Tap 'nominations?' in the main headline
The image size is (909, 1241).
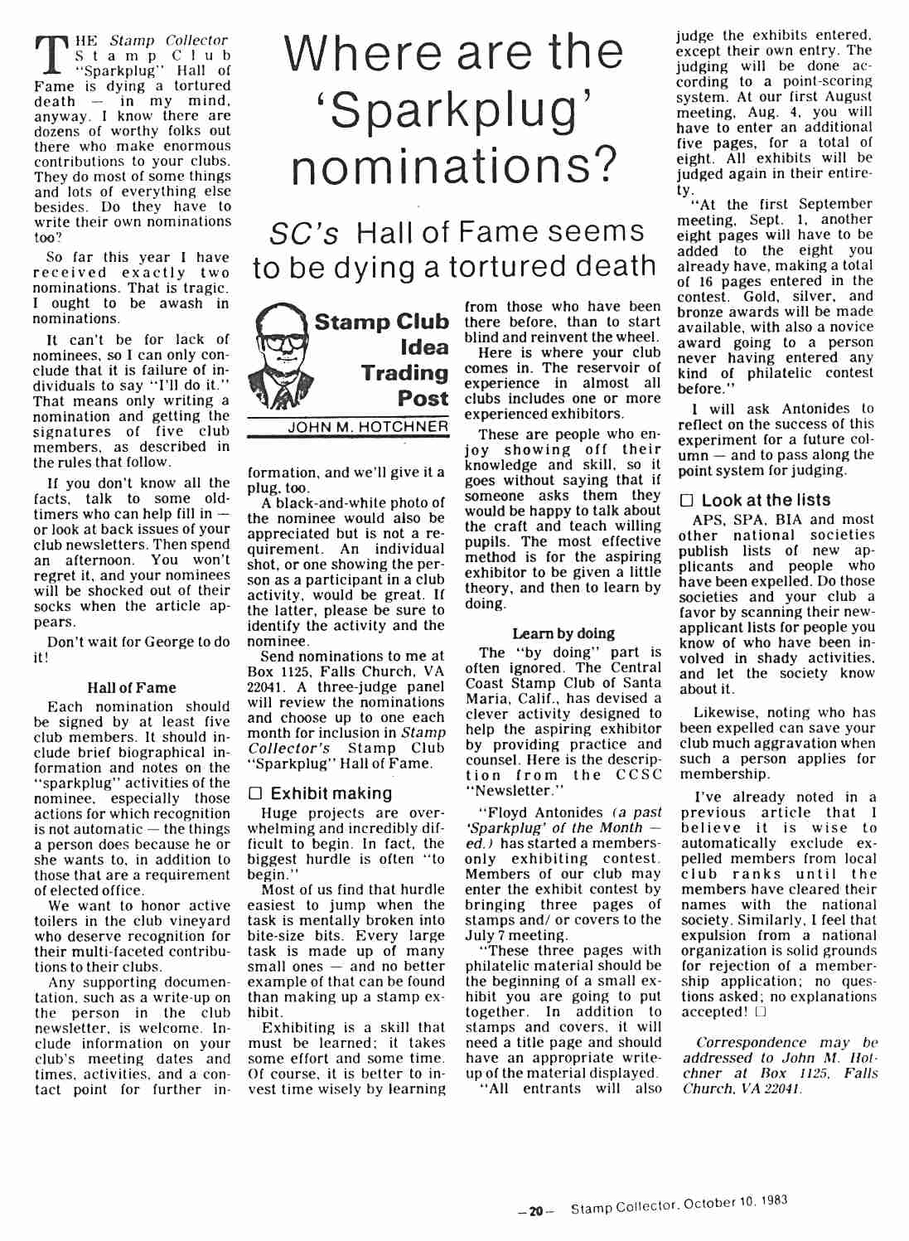tap(455, 167)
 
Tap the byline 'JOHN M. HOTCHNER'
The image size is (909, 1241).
tap(368, 427)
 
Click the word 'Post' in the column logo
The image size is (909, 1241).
tap(423, 399)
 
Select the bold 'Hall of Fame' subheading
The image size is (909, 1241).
tap(132, 687)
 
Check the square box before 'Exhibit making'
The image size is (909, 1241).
tap(255, 794)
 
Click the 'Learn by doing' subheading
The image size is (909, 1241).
tap(563, 633)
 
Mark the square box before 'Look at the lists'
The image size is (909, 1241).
tap(686, 501)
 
